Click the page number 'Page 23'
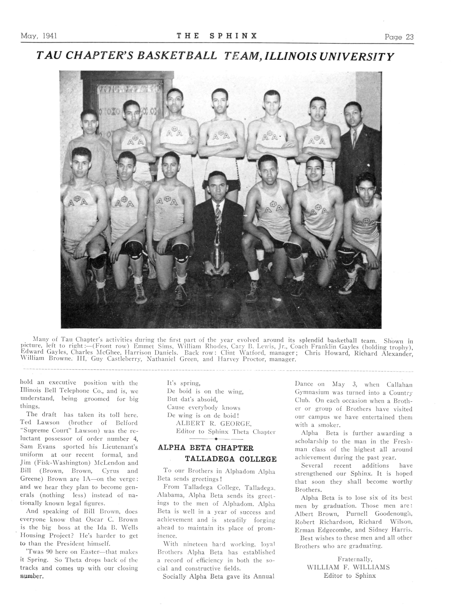(x=399, y=37)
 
